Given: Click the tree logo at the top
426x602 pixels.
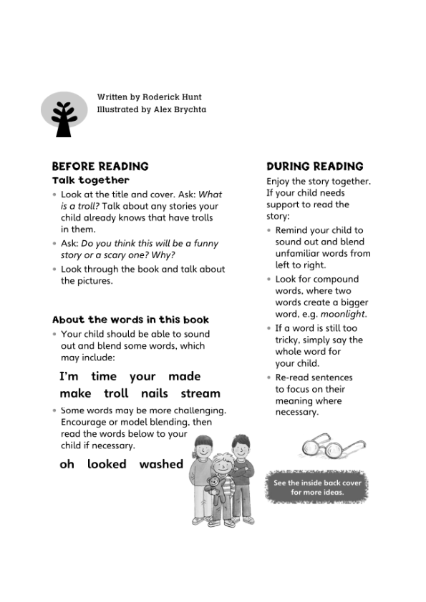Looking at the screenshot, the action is pyautogui.click(x=64, y=114).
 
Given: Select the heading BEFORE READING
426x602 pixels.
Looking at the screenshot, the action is pyautogui.click(x=100, y=167).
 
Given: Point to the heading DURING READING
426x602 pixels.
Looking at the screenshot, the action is pyautogui.click(x=314, y=167).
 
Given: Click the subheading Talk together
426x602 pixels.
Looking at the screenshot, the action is pyautogui.click(x=91, y=180).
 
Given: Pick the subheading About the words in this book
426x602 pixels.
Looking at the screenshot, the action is pyautogui.click(x=130, y=320).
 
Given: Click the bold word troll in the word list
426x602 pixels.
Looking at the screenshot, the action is pyautogui.click(x=116, y=393).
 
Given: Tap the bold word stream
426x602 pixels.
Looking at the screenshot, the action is pyautogui.click(x=200, y=393).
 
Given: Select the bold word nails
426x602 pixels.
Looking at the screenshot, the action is pyautogui.click(x=155, y=393).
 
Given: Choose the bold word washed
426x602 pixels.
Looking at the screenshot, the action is pyautogui.click(x=161, y=464).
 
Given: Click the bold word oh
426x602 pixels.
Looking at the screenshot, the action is pyautogui.click(x=67, y=464).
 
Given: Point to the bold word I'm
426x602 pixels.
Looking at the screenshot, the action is pyautogui.click(x=69, y=376).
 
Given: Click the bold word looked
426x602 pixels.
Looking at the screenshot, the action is pyautogui.click(x=107, y=464).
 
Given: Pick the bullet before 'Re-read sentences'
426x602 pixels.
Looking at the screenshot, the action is pyautogui.click(x=269, y=378).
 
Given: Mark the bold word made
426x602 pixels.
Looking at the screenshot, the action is pyautogui.click(x=185, y=376).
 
